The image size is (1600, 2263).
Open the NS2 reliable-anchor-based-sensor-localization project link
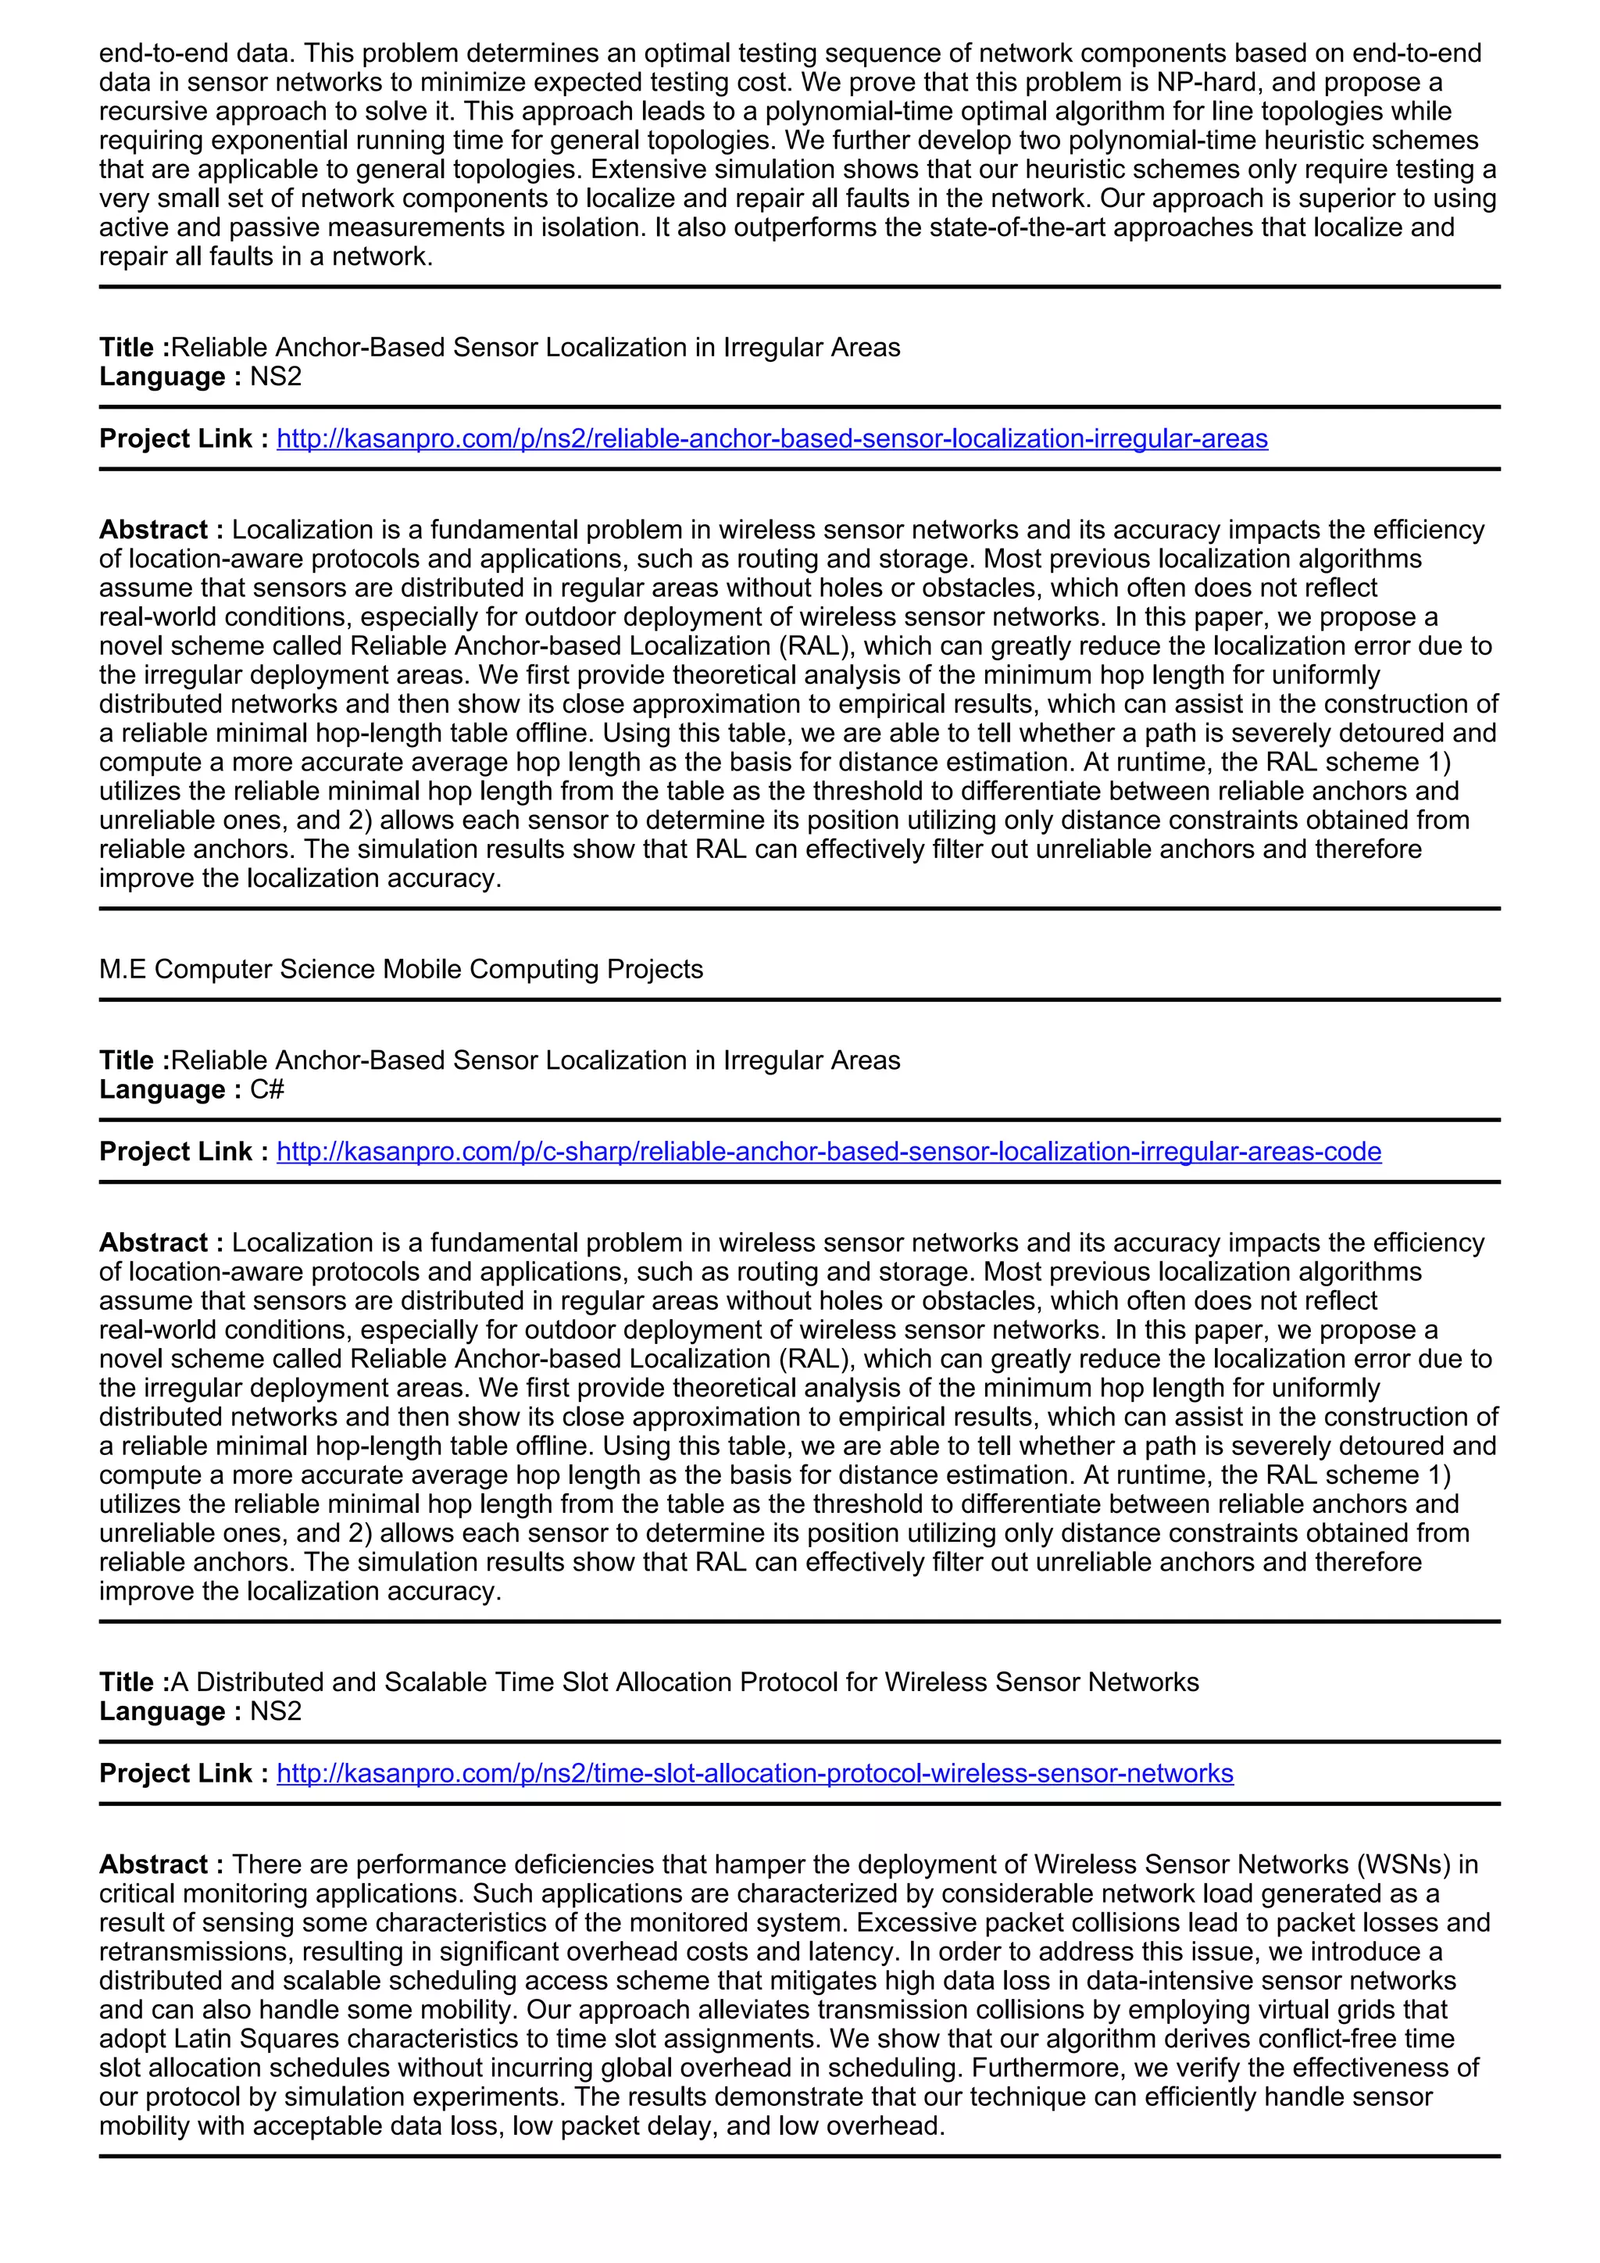pyautogui.click(x=771, y=438)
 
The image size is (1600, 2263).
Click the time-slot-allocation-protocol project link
pyautogui.click(x=754, y=1773)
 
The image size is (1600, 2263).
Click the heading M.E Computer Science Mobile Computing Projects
pyautogui.click(x=401, y=969)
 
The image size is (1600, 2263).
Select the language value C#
pyautogui.click(x=267, y=1089)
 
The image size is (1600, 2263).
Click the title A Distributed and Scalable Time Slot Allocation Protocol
pyautogui.click(x=684, y=1682)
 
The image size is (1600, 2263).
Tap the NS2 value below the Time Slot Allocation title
pyautogui.click(x=276, y=1711)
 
